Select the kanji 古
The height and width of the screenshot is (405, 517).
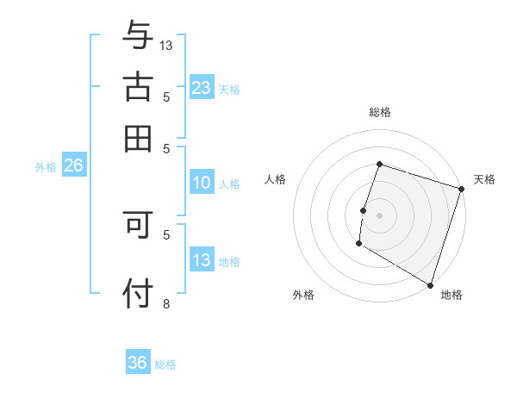click(138, 87)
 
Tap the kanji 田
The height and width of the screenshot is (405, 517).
click(138, 139)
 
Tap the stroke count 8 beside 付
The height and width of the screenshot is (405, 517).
click(166, 303)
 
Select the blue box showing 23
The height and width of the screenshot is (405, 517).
click(202, 87)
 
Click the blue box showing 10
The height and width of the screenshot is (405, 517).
click(202, 183)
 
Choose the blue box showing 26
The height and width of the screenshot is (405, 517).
click(73, 166)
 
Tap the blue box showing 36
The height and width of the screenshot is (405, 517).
click(138, 363)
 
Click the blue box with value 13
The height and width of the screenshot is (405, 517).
click(202, 260)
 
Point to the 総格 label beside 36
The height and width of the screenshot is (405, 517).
click(165, 364)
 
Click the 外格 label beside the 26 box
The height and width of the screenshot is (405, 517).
click(46, 167)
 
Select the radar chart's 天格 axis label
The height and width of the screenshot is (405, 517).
click(484, 179)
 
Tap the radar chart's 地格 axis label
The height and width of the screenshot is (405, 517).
click(452, 295)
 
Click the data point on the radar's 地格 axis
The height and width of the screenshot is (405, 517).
click(429, 284)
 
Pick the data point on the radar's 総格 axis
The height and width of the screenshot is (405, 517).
click(379, 165)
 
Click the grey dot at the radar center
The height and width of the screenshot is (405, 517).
click(379, 215)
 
